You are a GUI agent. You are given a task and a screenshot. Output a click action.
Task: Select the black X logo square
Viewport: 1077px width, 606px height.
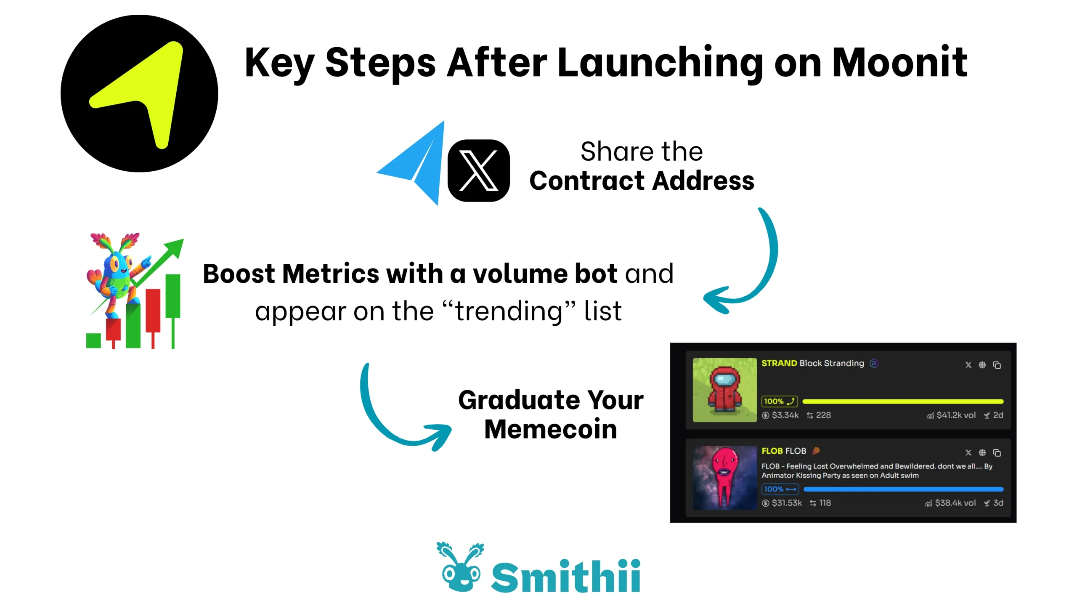point(478,170)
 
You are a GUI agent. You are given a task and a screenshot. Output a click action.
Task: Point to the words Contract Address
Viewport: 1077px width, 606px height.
point(642,181)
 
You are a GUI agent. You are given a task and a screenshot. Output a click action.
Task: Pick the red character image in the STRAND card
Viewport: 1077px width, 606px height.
point(724,390)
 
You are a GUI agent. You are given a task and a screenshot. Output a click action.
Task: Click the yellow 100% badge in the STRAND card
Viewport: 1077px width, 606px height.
point(779,401)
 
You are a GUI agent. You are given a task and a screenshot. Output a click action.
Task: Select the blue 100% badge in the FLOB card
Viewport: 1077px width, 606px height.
point(780,489)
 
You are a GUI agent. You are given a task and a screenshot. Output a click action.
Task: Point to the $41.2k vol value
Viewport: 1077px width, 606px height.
point(956,415)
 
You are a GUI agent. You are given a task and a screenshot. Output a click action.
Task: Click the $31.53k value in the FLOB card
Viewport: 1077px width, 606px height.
point(787,503)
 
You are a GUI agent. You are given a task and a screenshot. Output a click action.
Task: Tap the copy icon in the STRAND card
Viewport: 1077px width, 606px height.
point(997,365)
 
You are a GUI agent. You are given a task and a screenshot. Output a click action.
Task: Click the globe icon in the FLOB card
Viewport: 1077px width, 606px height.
point(982,452)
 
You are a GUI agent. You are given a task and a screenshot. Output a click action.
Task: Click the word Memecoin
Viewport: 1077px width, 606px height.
point(551,429)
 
